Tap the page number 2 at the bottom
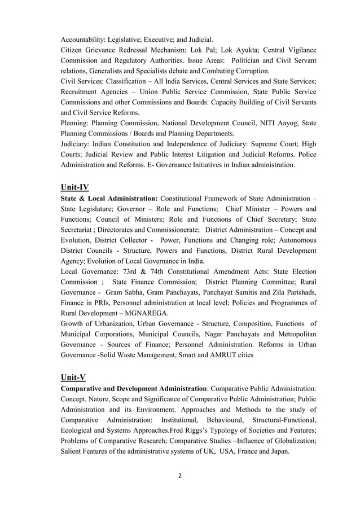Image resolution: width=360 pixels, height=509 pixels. pyautogui.click(x=180, y=475)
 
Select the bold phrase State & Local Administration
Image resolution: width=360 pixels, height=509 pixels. pyautogui.click(x=109, y=199)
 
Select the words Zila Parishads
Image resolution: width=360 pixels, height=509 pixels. pyautogui.click(x=288, y=292)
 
